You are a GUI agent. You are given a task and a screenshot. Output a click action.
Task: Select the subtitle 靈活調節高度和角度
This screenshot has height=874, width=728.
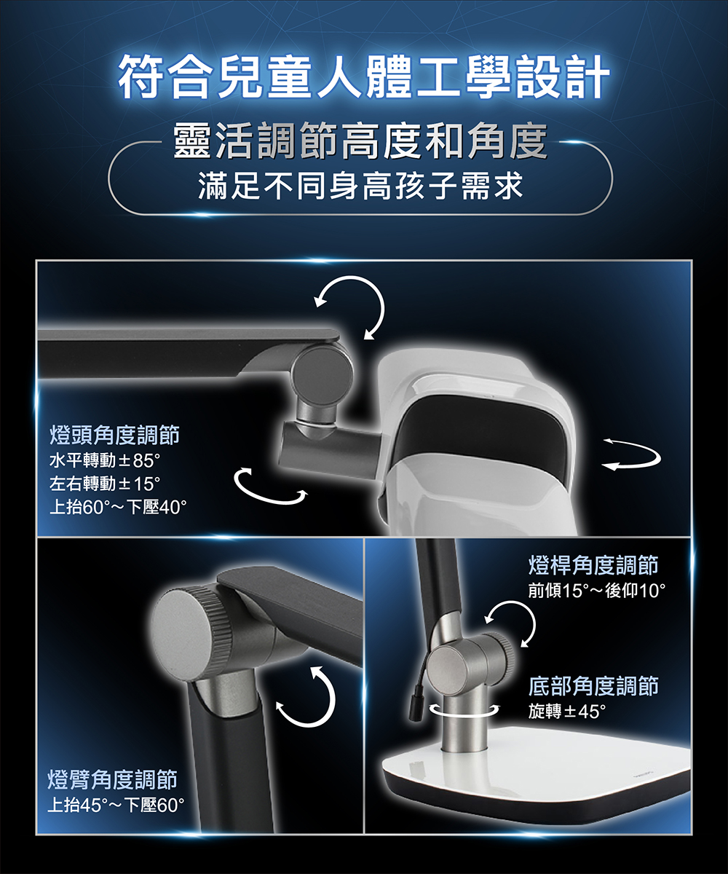pyautogui.click(x=360, y=142)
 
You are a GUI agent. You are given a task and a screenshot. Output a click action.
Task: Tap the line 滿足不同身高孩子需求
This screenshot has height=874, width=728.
pyautogui.click(x=360, y=186)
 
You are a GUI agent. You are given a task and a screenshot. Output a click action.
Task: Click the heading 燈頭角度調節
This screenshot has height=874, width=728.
pyautogui.click(x=114, y=435)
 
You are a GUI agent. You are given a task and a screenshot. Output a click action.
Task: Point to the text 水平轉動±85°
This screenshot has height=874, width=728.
pyautogui.click(x=105, y=461)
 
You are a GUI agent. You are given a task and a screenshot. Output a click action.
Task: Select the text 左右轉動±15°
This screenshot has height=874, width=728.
pyautogui.click(x=105, y=484)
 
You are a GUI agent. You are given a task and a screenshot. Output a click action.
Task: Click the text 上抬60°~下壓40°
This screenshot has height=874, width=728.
pyautogui.click(x=117, y=508)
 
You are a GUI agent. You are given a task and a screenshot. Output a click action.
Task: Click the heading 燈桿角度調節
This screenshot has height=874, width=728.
pyautogui.click(x=593, y=564)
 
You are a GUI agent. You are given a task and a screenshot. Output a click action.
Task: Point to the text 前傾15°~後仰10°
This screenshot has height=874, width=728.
pyautogui.click(x=596, y=591)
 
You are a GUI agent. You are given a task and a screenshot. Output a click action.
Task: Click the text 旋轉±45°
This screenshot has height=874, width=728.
pyautogui.click(x=567, y=711)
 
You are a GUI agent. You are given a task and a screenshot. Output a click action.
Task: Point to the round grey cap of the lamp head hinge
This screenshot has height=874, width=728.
pyautogui.click(x=323, y=371)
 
